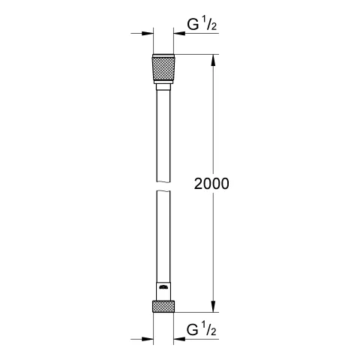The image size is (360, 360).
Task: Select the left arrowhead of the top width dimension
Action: [x=147, y=33]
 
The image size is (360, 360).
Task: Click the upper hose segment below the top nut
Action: [x=165, y=135]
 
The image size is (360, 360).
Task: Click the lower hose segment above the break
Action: [x=165, y=232]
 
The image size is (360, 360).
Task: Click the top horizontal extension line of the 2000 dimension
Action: [x=199, y=54]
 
